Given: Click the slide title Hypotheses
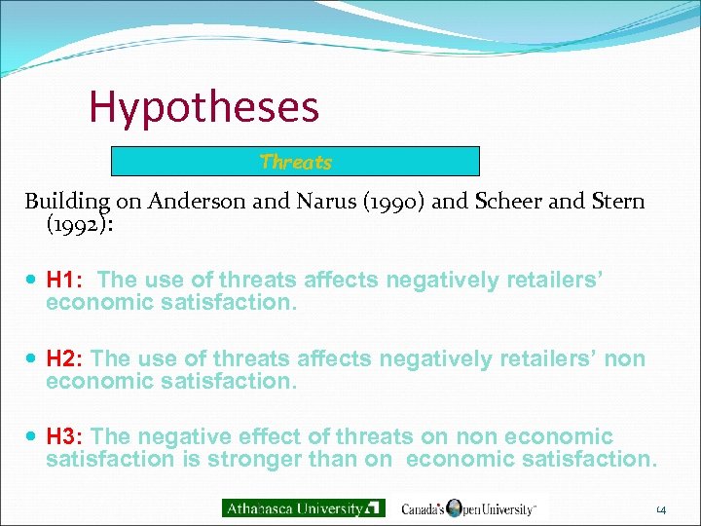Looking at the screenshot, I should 203,107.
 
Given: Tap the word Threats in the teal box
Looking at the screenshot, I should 296,162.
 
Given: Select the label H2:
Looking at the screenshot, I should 65,359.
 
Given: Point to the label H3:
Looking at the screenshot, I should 65,436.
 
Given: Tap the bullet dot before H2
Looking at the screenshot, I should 34,359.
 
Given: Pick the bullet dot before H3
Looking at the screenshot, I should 34,436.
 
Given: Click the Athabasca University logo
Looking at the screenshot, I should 304,507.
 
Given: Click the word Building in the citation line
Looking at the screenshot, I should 67,203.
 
